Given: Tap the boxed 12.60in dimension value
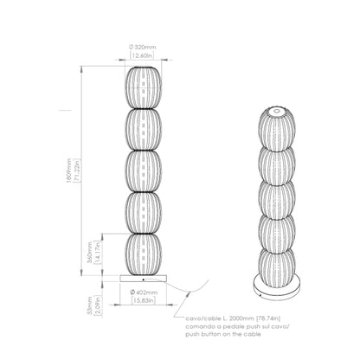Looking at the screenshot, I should click(x=140, y=56).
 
